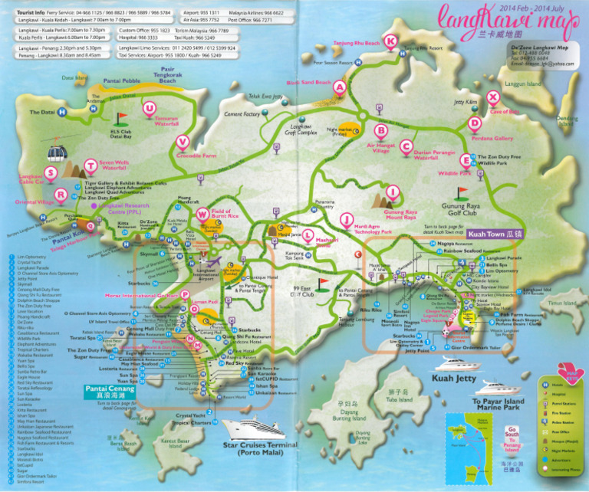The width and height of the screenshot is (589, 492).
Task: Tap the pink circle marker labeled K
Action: (x=391, y=41)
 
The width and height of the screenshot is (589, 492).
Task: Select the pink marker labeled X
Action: (x=493, y=97)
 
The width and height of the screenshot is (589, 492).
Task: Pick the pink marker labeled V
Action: (x=183, y=141)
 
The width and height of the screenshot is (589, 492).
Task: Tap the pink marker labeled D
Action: (x=475, y=123)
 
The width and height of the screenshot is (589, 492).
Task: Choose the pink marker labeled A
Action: (x=339, y=88)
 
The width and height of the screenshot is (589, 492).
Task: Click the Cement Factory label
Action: (x=243, y=114)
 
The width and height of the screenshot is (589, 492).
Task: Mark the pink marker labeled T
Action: (x=91, y=165)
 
